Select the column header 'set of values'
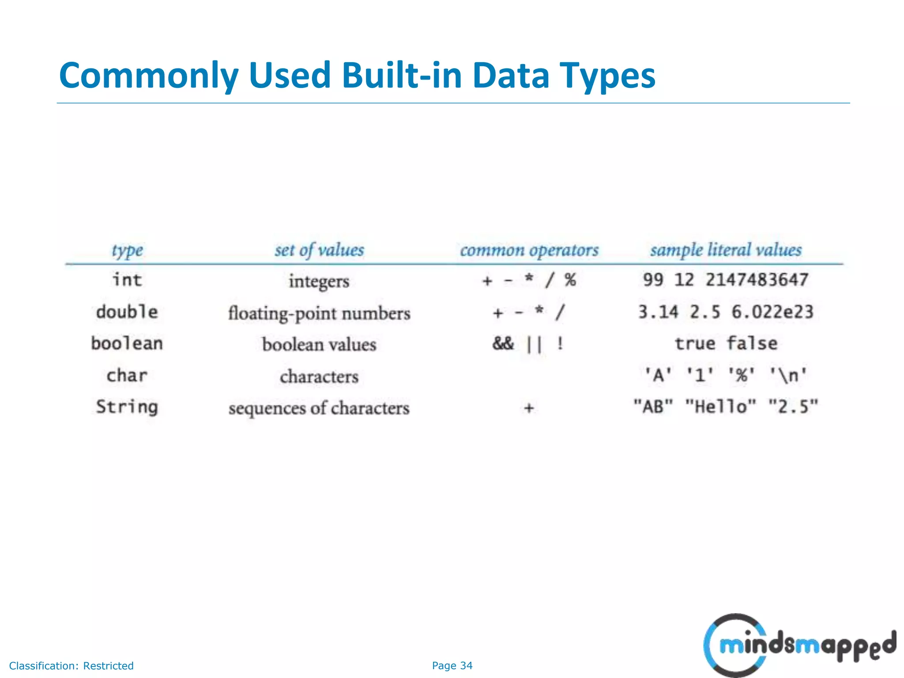(319, 250)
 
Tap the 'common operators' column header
(529, 250)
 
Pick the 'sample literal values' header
(726, 250)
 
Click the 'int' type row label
(127, 280)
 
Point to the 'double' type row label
(127, 312)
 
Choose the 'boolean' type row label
(127, 343)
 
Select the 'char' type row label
(127, 376)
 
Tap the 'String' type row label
(127, 407)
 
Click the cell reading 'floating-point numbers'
(319, 313)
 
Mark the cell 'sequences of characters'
(319, 408)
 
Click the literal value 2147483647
(757, 280)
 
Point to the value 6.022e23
(772, 312)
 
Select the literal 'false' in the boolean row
(752, 343)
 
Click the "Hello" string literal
(720, 406)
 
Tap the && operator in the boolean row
(503, 343)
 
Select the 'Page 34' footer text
(452, 666)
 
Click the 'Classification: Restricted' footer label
(71, 666)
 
